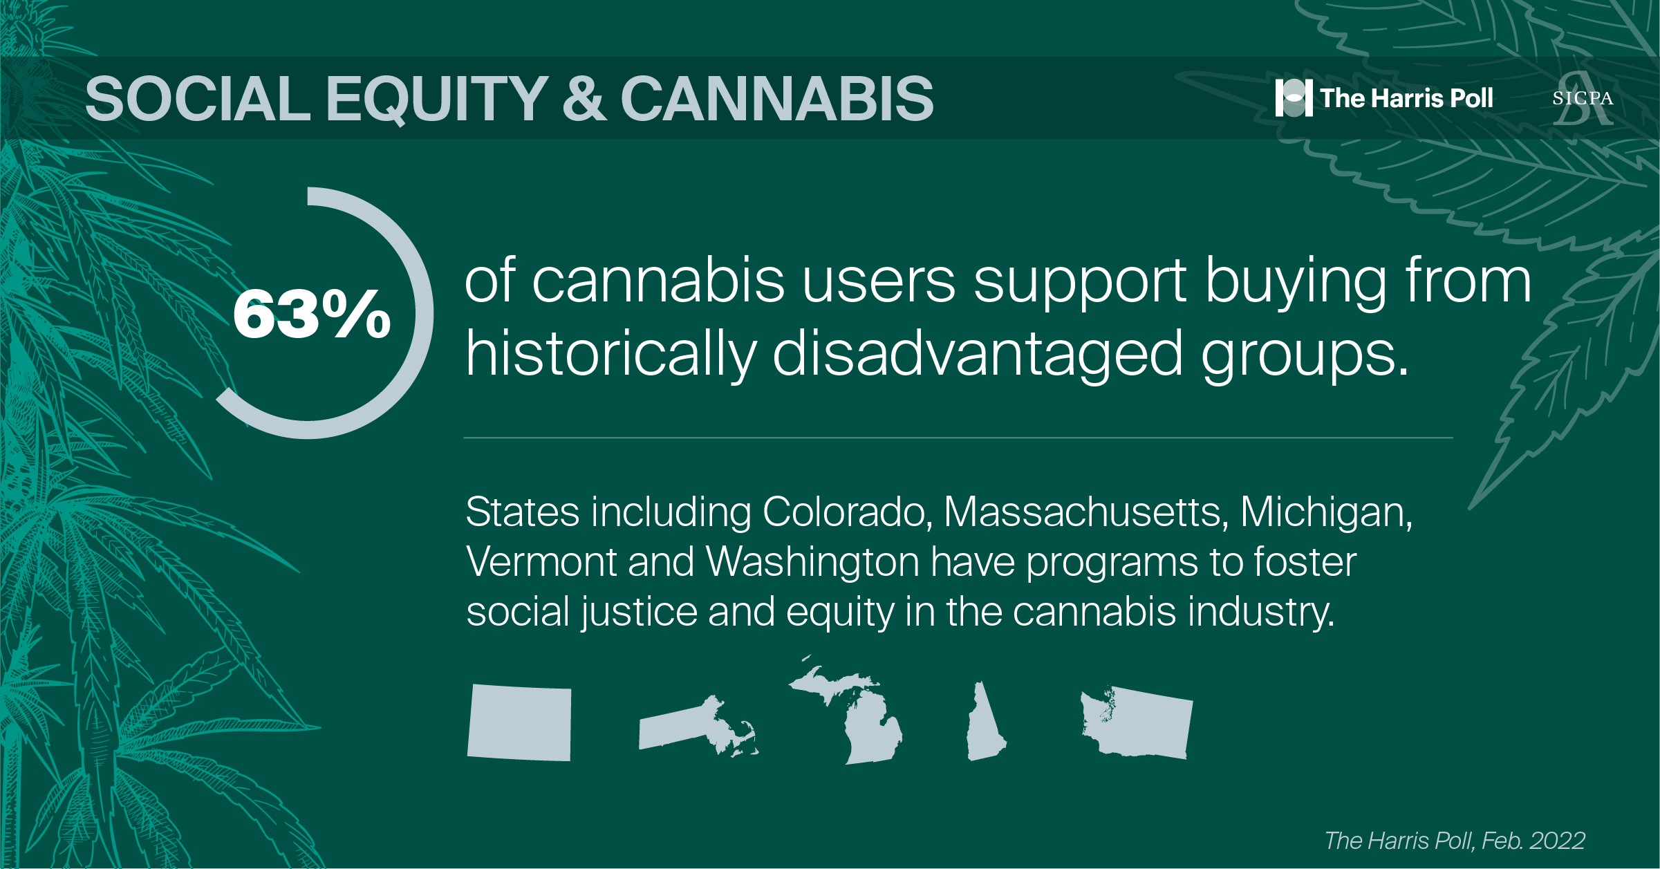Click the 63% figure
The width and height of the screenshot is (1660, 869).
point(312,315)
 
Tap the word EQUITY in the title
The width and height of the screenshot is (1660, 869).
point(437,99)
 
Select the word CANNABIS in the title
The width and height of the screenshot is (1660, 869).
point(777,98)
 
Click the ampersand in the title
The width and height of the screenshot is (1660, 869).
point(584,98)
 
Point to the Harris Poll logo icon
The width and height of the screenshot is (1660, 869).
point(1294,98)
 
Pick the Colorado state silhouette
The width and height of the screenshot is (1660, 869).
point(519,722)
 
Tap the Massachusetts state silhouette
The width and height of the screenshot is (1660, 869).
point(698,727)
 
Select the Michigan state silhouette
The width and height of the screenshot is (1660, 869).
point(846,711)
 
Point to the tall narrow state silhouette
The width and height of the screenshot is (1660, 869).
point(985,721)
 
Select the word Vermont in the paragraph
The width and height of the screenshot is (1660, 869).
point(541,562)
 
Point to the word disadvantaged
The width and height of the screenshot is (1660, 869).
point(978,353)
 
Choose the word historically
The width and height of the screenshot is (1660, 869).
point(611,353)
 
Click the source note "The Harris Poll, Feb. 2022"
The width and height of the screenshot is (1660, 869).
point(1455,841)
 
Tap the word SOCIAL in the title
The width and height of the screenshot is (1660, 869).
point(198,98)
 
